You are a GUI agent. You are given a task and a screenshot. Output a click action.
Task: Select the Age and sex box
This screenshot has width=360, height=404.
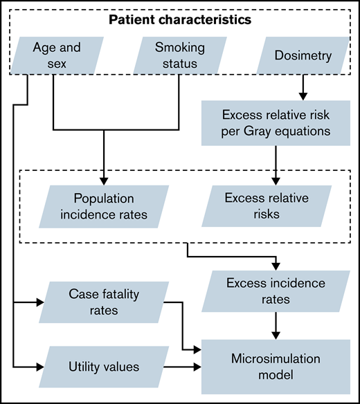point(57,55)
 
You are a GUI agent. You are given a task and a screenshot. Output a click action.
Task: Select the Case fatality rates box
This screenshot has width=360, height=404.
point(102,302)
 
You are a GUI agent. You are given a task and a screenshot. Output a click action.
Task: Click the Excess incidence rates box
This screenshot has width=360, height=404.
point(276,291)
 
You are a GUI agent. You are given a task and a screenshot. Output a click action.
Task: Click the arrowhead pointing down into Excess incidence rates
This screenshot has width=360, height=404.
point(278,266)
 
